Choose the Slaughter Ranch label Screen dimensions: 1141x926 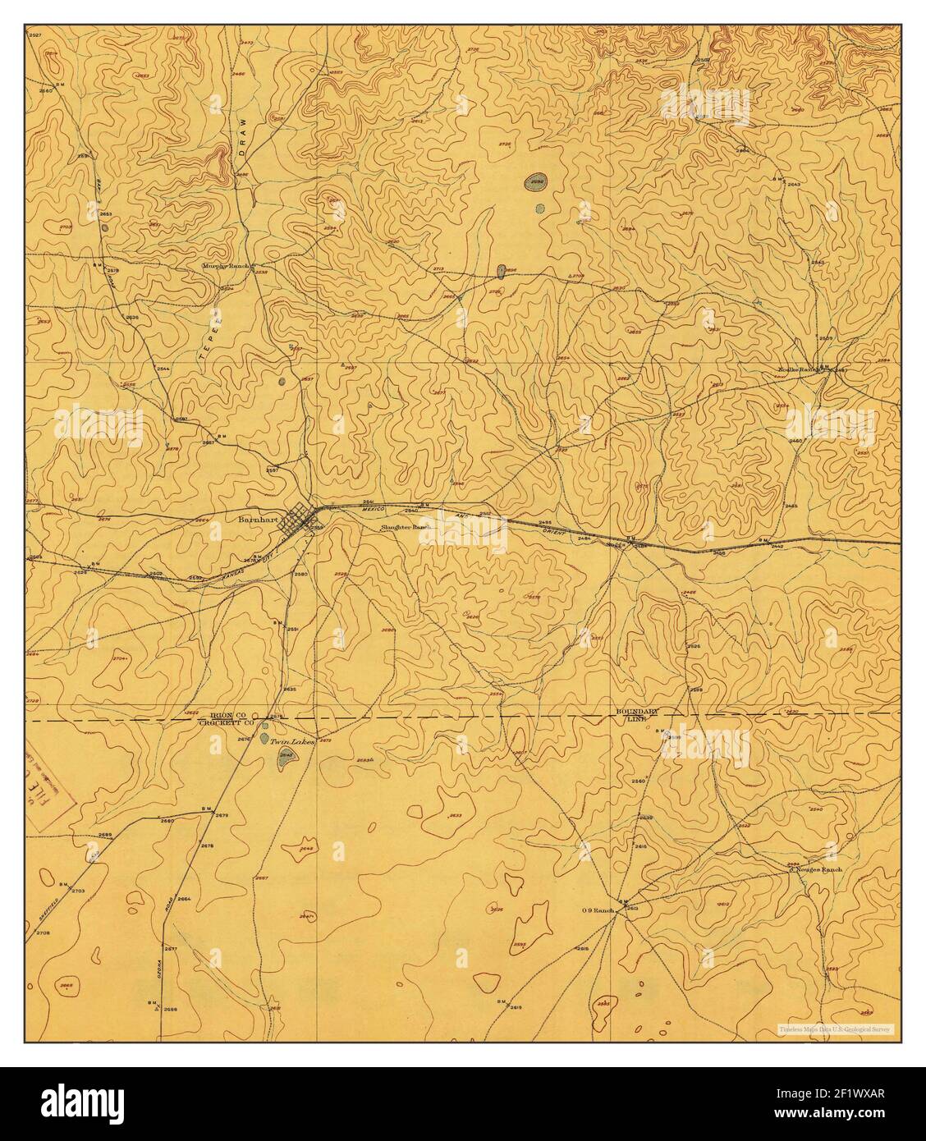[406, 528]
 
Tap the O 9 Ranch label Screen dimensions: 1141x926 [598, 910]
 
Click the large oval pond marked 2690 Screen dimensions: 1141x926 [538, 181]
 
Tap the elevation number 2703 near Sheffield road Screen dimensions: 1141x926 [79, 891]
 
